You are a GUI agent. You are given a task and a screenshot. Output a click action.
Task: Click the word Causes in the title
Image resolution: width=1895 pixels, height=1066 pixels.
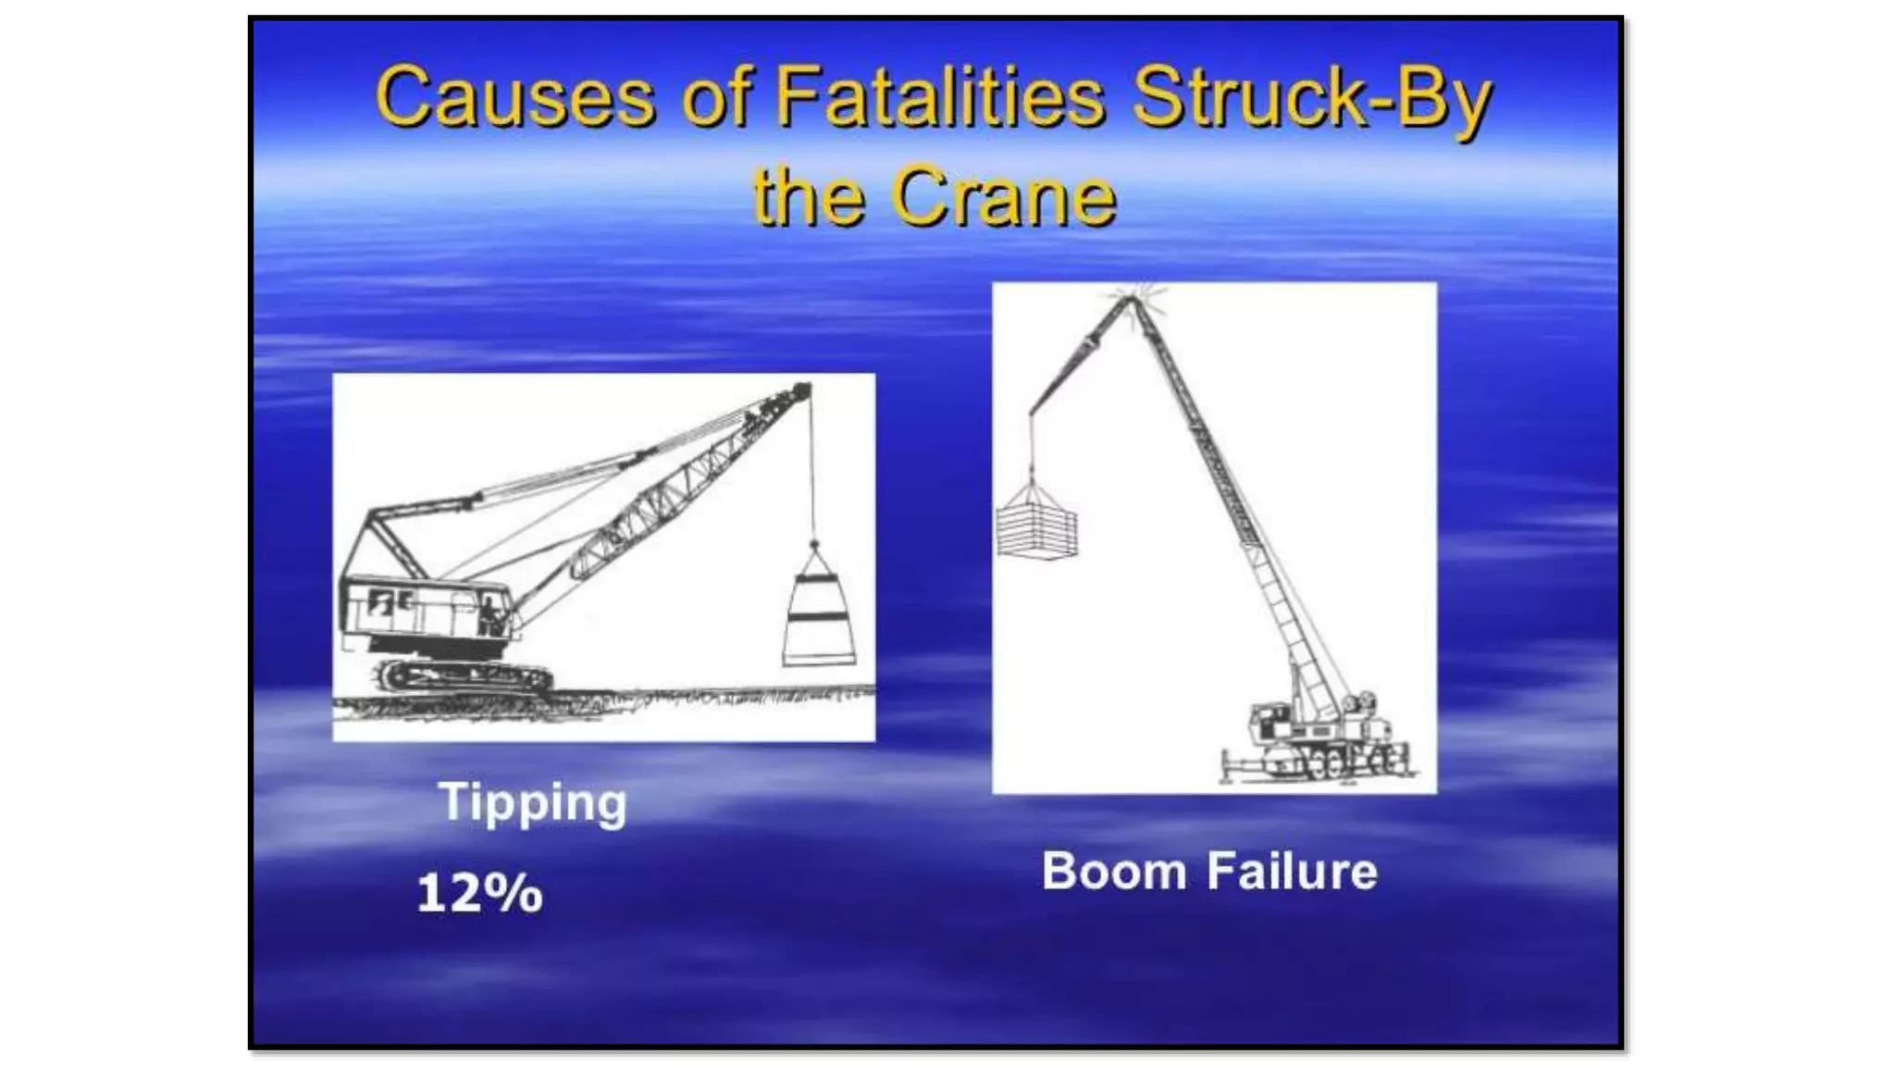pyautogui.click(x=514, y=97)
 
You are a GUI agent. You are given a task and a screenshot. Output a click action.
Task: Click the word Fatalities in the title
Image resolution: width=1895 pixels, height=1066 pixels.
pyautogui.click(x=939, y=97)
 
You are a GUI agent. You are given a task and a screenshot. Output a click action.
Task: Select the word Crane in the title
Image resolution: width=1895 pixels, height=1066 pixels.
pyautogui.click(x=1004, y=196)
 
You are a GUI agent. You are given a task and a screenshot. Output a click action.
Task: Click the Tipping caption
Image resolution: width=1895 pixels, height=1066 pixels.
pyautogui.click(x=533, y=801)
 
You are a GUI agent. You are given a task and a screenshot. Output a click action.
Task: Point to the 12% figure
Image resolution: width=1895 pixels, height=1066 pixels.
pyautogui.click(x=479, y=894)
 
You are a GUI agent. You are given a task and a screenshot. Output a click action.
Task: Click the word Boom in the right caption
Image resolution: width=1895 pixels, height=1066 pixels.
pyautogui.click(x=1113, y=872)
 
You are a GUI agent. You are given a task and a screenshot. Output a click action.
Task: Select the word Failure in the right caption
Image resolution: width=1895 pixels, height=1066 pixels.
pyautogui.click(x=1293, y=872)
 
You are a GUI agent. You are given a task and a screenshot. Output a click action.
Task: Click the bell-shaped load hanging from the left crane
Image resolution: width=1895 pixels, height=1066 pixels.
pyautogui.click(x=819, y=615)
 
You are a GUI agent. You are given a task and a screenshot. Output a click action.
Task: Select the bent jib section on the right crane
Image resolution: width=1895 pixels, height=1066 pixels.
pyautogui.click(x=1078, y=356)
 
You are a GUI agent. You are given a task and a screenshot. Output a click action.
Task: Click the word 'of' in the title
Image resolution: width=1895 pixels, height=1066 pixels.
pyautogui.click(x=715, y=97)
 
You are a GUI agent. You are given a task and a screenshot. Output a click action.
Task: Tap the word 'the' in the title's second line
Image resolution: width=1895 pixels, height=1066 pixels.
pyautogui.click(x=809, y=196)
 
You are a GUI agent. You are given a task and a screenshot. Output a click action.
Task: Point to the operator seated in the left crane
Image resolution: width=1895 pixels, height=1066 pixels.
pyautogui.click(x=489, y=615)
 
